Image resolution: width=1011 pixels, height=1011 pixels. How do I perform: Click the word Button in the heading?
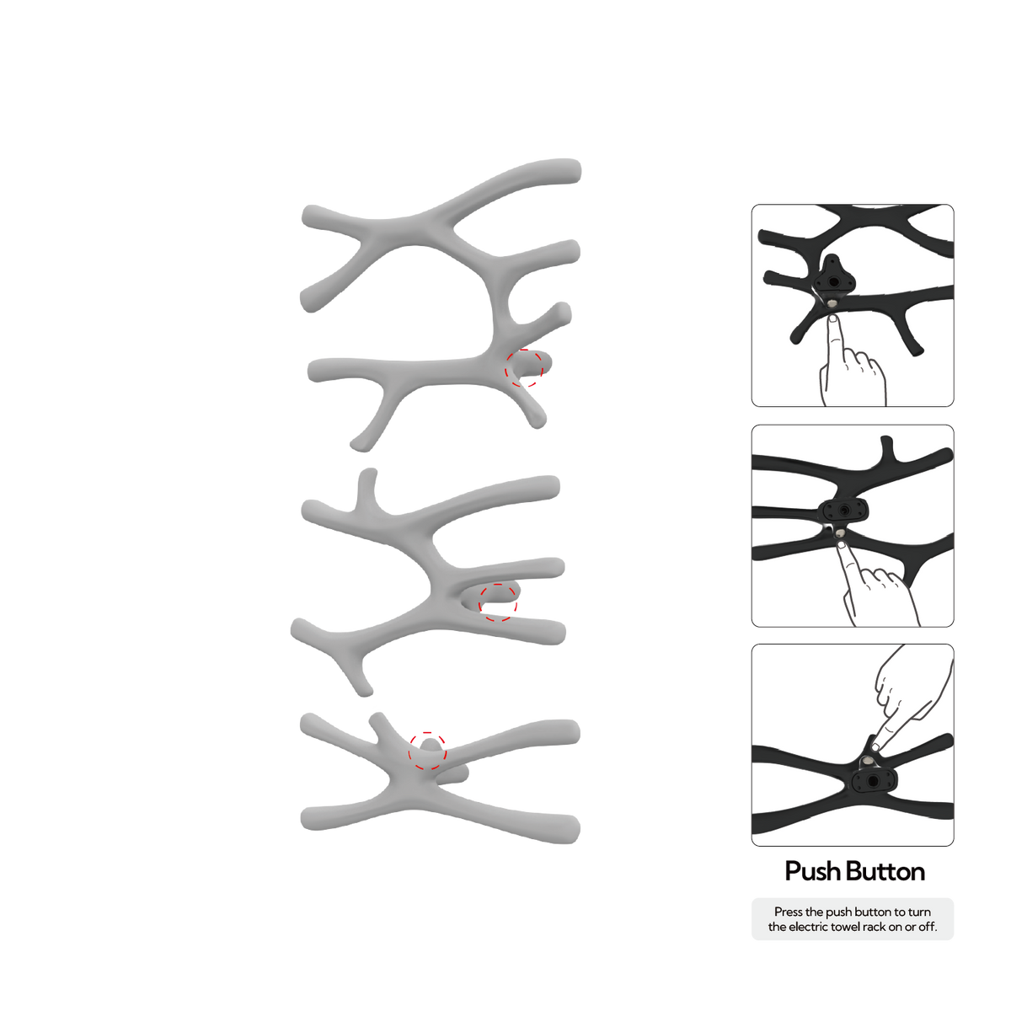click(885, 871)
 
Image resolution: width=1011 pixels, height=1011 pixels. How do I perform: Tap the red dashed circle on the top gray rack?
click(523, 368)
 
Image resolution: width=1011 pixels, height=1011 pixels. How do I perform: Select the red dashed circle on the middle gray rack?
click(497, 602)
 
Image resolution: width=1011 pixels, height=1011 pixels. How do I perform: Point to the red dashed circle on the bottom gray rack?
click(427, 751)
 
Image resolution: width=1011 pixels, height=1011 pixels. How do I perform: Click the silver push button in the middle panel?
click(840, 533)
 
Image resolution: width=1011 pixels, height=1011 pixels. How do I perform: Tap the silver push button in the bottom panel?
click(867, 762)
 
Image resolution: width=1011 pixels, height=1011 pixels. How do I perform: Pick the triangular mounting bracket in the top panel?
click(834, 276)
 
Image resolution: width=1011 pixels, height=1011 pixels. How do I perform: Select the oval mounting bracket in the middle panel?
click(843, 510)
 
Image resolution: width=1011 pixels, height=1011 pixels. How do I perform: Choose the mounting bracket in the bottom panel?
click(874, 782)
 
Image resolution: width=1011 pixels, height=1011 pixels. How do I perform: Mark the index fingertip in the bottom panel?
click(875, 746)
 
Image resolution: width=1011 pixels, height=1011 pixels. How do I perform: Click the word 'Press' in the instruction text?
click(789, 912)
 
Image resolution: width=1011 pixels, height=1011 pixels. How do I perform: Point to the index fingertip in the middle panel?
click(842, 546)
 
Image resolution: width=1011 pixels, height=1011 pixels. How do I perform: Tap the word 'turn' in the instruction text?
click(919, 912)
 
